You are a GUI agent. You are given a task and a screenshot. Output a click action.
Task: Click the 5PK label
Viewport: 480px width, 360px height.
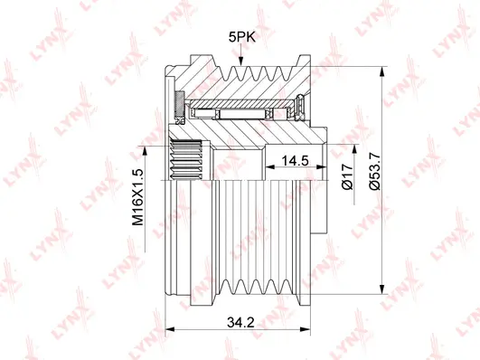pos(242,37)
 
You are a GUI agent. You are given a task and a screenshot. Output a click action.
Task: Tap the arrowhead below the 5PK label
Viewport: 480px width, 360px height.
pos(241,61)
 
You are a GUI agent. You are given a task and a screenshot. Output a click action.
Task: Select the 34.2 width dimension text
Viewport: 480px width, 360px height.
pos(240,322)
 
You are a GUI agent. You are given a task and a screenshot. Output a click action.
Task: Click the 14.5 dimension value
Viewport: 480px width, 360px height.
pos(295,160)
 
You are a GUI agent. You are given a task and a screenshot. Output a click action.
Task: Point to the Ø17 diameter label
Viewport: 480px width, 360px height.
pos(348,176)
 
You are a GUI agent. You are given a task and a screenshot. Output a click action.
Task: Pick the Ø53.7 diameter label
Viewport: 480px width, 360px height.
pos(374,171)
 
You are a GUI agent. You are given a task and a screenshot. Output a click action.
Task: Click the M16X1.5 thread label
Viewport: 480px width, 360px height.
pos(137,197)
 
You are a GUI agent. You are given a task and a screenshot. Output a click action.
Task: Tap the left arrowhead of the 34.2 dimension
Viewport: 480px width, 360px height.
pos(170,329)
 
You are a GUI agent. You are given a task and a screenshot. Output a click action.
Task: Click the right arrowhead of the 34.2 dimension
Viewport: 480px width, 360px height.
pos(306,329)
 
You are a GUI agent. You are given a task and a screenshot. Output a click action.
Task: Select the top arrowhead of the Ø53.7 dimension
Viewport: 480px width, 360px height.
pos(381,71)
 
